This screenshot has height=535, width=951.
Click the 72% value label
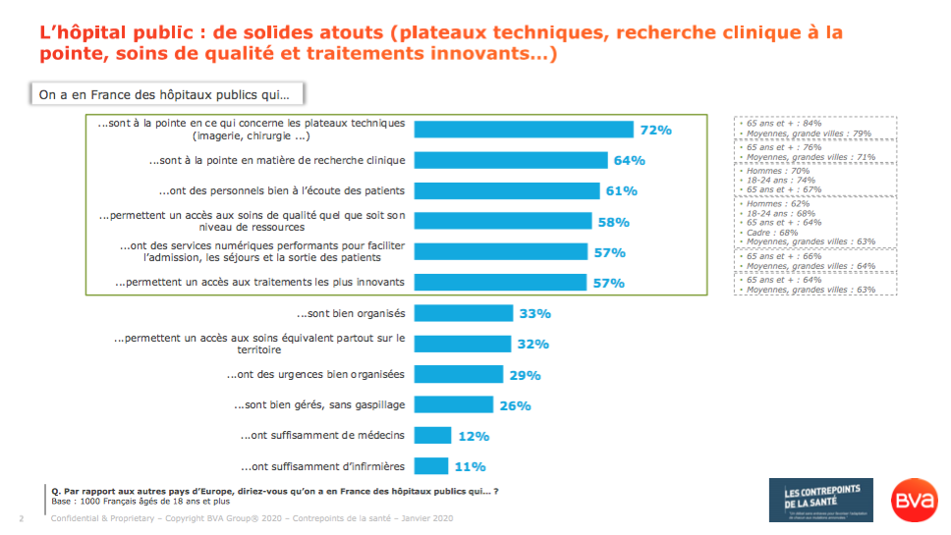(655, 130)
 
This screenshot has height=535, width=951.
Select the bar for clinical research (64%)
(511, 160)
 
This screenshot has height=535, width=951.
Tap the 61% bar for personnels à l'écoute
(506, 190)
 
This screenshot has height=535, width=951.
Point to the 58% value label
(614, 222)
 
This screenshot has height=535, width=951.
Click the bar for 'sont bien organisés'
(464, 313)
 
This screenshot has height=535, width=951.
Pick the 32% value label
(531, 345)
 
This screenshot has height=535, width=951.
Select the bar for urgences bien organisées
(458, 374)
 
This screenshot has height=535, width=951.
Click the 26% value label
(516, 405)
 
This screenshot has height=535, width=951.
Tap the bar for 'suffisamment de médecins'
(432, 436)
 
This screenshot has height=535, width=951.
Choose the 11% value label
(469, 466)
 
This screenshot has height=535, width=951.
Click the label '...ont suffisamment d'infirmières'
(322, 465)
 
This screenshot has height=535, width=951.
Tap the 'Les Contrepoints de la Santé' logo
(820, 500)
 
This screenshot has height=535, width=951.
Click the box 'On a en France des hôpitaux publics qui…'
(166, 95)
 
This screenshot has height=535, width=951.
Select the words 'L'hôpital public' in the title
(105, 32)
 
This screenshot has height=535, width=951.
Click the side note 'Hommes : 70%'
(770, 170)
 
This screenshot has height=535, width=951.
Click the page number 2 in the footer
(22, 518)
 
